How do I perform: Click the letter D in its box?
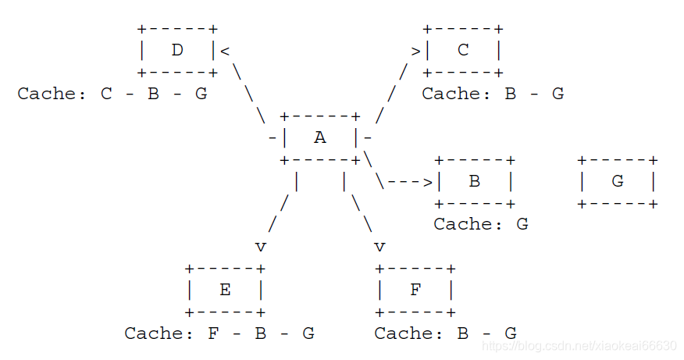tap(177, 51)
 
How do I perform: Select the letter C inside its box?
tap(463, 51)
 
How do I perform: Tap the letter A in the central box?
tap(320, 138)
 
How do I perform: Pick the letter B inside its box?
tap(475, 182)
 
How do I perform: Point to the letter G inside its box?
tap(618, 182)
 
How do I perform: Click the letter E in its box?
tap(225, 290)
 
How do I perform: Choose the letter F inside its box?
tap(415, 290)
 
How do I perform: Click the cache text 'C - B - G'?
tap(155, 94)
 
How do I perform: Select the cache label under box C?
tap(493, 94)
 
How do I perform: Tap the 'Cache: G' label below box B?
tap(481, 225)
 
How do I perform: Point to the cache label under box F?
tap(445, 334)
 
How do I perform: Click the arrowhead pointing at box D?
tap(225, 52)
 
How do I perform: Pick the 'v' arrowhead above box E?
tap(261, 248)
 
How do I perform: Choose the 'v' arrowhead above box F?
tap(379, 248)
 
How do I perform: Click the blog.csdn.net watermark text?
tap(582, 345)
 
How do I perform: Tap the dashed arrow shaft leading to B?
tap(404, 183)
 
